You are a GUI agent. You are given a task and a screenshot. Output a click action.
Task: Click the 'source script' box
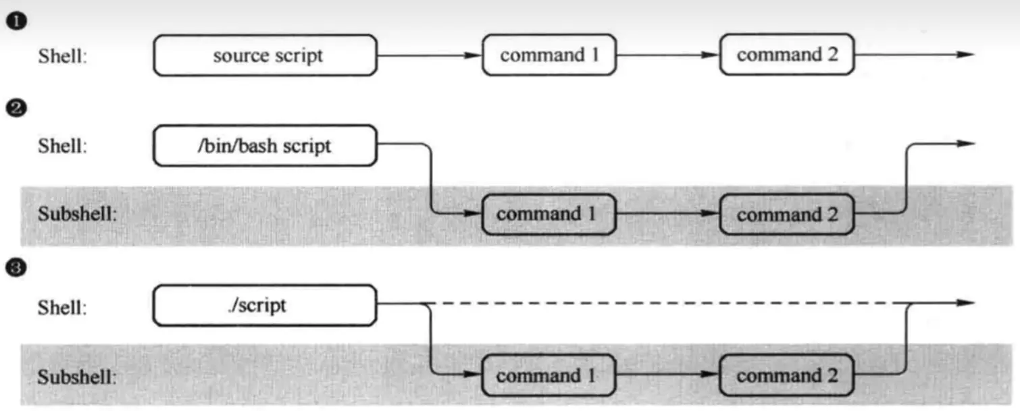coord(265,55)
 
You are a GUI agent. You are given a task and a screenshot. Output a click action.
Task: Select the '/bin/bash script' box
coord(265,145)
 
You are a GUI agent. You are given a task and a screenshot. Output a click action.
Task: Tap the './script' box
coord(265,305)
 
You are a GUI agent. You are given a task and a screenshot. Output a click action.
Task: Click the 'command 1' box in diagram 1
coord(549,55)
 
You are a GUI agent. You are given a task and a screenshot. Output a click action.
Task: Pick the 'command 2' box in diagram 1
coord(787,55)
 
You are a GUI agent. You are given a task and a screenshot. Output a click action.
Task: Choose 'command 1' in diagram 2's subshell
coord(549,215)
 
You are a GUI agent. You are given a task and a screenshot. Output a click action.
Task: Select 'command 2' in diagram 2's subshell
coord(787,215)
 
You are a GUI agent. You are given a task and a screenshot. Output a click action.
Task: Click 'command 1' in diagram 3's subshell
coord(549,375)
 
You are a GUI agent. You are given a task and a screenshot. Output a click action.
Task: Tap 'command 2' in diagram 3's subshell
coord(787,375)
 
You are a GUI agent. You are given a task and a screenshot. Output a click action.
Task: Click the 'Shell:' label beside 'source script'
coord(62,56)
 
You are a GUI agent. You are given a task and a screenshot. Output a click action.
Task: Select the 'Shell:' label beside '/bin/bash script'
coord(62,146)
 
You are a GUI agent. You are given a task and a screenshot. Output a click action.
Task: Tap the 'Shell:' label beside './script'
coord(62,307)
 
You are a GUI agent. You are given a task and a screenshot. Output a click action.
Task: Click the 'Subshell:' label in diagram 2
coord(77,215)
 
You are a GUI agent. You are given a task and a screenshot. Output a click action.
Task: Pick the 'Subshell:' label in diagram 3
coord(77,376)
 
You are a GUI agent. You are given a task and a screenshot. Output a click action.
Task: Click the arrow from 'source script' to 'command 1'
coord(429,55)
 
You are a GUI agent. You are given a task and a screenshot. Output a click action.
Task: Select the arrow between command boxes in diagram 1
coord(667,55)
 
